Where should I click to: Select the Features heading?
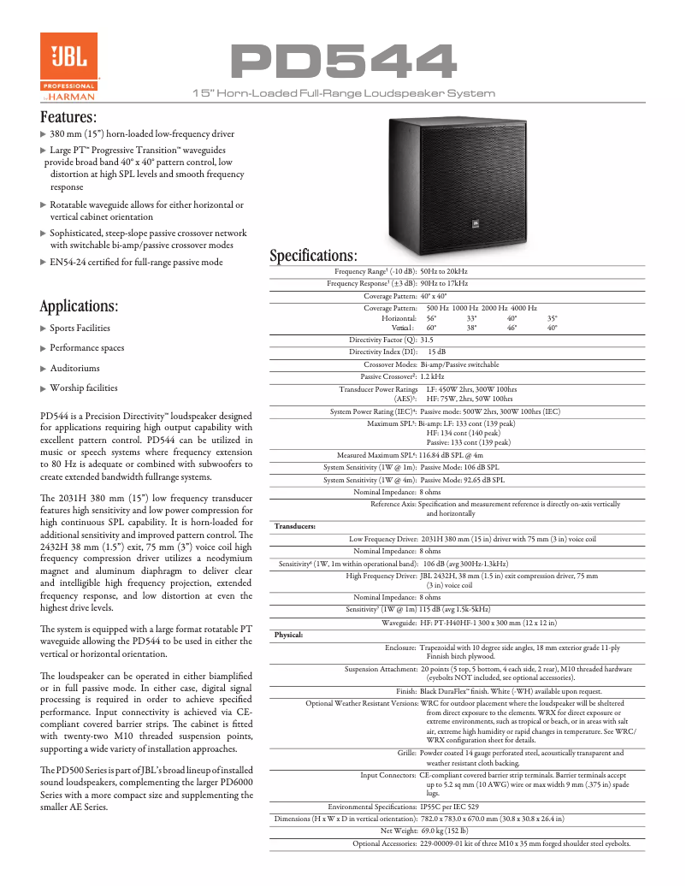68,117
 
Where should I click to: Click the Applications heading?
80,306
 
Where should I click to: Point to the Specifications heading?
313,256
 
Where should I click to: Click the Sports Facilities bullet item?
80,328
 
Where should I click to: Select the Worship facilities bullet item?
83,388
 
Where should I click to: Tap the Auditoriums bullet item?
74,368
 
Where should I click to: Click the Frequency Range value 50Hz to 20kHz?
444,271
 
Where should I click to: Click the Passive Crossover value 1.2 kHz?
432,376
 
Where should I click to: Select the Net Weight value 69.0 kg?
444,830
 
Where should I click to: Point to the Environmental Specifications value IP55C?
449,807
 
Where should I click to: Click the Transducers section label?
294,526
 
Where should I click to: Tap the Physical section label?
288,636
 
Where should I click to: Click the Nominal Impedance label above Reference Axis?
385,493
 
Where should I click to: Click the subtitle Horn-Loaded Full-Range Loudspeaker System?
344,92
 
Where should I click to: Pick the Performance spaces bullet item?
86,348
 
